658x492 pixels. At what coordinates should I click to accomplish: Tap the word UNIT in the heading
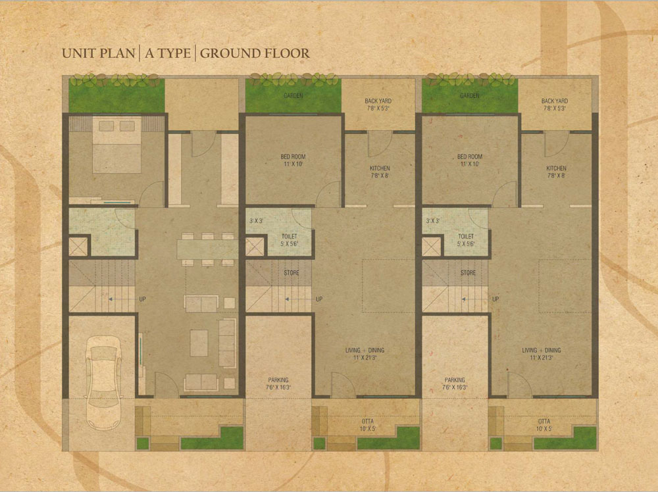(x=78, y=54)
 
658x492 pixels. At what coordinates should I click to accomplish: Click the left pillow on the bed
(x=106, y=126)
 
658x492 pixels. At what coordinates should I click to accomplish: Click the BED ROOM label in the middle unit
(x=293, y=157)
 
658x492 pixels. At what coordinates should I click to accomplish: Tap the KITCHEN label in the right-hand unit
(x=556, y=168)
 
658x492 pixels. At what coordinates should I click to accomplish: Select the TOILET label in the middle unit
(x=290, y=237)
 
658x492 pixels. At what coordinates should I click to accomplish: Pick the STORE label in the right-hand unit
(x=468, y=272)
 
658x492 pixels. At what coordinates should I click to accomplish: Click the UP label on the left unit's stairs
(x=143, y=299)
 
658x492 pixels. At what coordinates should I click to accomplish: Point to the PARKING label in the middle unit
(x=278, y=380)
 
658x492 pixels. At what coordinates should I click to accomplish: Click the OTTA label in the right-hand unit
(x=544, y=421)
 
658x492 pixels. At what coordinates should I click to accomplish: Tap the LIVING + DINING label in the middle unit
(x=365, y=350)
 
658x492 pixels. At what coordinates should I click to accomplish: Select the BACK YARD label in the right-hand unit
(x=554, y=101)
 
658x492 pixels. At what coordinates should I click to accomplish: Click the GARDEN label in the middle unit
(x=293, y=95)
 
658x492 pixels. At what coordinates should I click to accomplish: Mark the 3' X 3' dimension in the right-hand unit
(x=433, y=220)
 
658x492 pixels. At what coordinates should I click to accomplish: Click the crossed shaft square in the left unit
(x=78, y=247)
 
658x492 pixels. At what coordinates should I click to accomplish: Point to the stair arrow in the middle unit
(x=299, y=299)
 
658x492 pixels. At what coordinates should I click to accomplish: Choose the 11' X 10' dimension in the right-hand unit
(x=470, y=164)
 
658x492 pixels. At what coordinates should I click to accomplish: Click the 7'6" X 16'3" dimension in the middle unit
(x=278, y=387)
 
